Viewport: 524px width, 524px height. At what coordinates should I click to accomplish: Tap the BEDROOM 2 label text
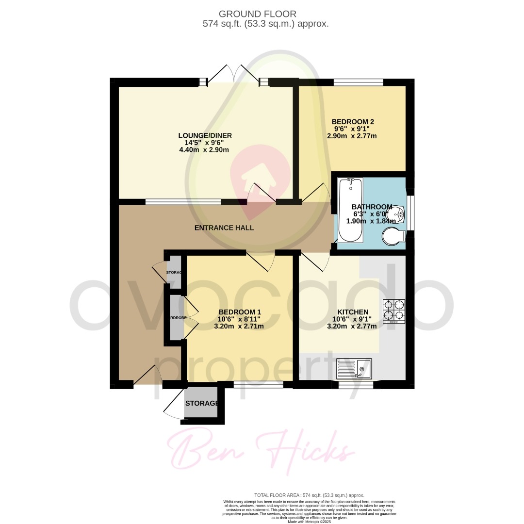pyautogui.click(x=353, y=121)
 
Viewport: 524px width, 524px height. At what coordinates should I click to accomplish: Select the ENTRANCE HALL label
pyautogui.click(x=224, y=228)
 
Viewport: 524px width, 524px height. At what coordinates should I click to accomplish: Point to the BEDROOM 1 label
pyautogui.click(x=240, y=311)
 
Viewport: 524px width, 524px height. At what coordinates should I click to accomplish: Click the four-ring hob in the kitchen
pyautogui.click(x=394, y=311)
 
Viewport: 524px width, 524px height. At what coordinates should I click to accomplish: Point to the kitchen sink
pyautogui.click(x=354, y=369)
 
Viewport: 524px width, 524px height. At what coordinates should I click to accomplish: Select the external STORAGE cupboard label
pyautogui.click(x=201, y=403)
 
